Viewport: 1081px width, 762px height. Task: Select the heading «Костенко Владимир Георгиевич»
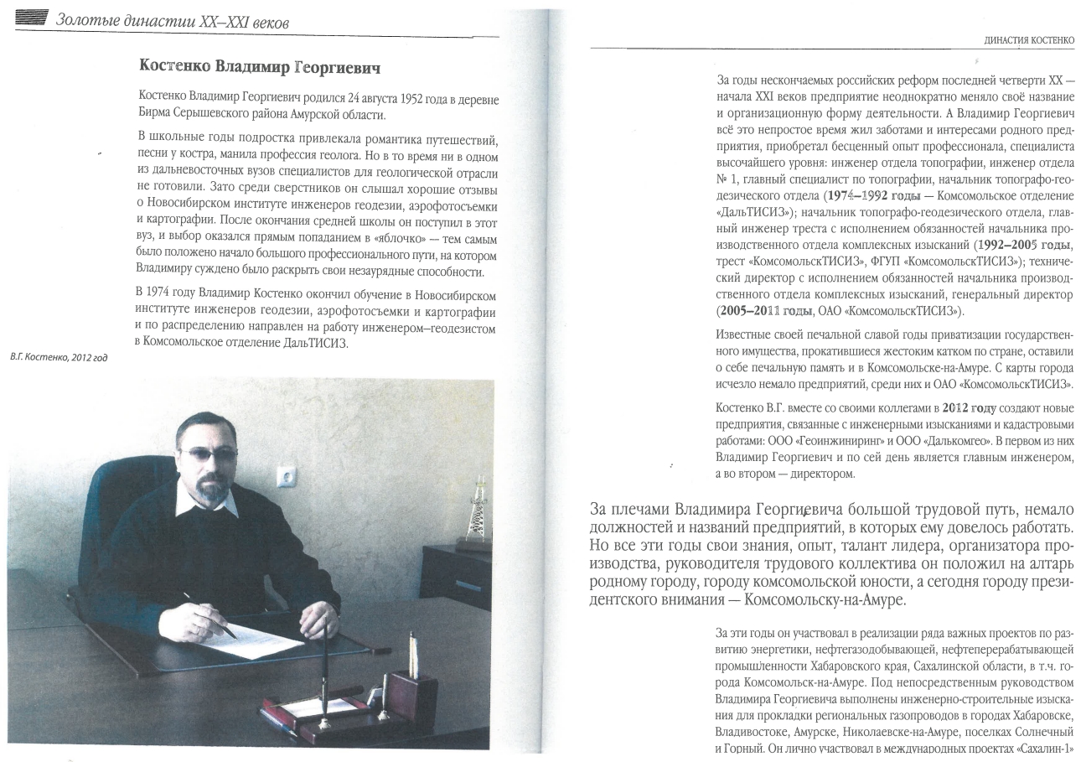(266, 65)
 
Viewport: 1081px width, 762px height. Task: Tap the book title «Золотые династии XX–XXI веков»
(173, 18)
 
